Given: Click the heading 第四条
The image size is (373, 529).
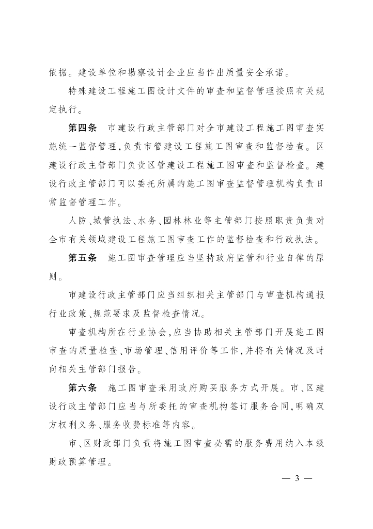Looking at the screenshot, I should click(x=82, y=128).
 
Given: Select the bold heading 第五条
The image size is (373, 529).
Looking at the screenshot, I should click(x=82, y=258).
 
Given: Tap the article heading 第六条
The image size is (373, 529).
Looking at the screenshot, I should click(x=82, y=387).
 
